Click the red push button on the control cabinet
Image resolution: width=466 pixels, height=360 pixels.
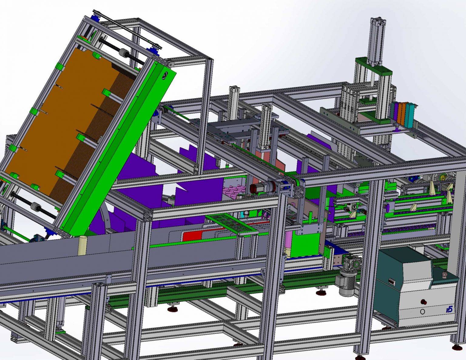point(425,302)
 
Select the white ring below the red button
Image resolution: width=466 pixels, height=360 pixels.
point(423,311)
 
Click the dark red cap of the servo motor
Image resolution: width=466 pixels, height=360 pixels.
point(253,189)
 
